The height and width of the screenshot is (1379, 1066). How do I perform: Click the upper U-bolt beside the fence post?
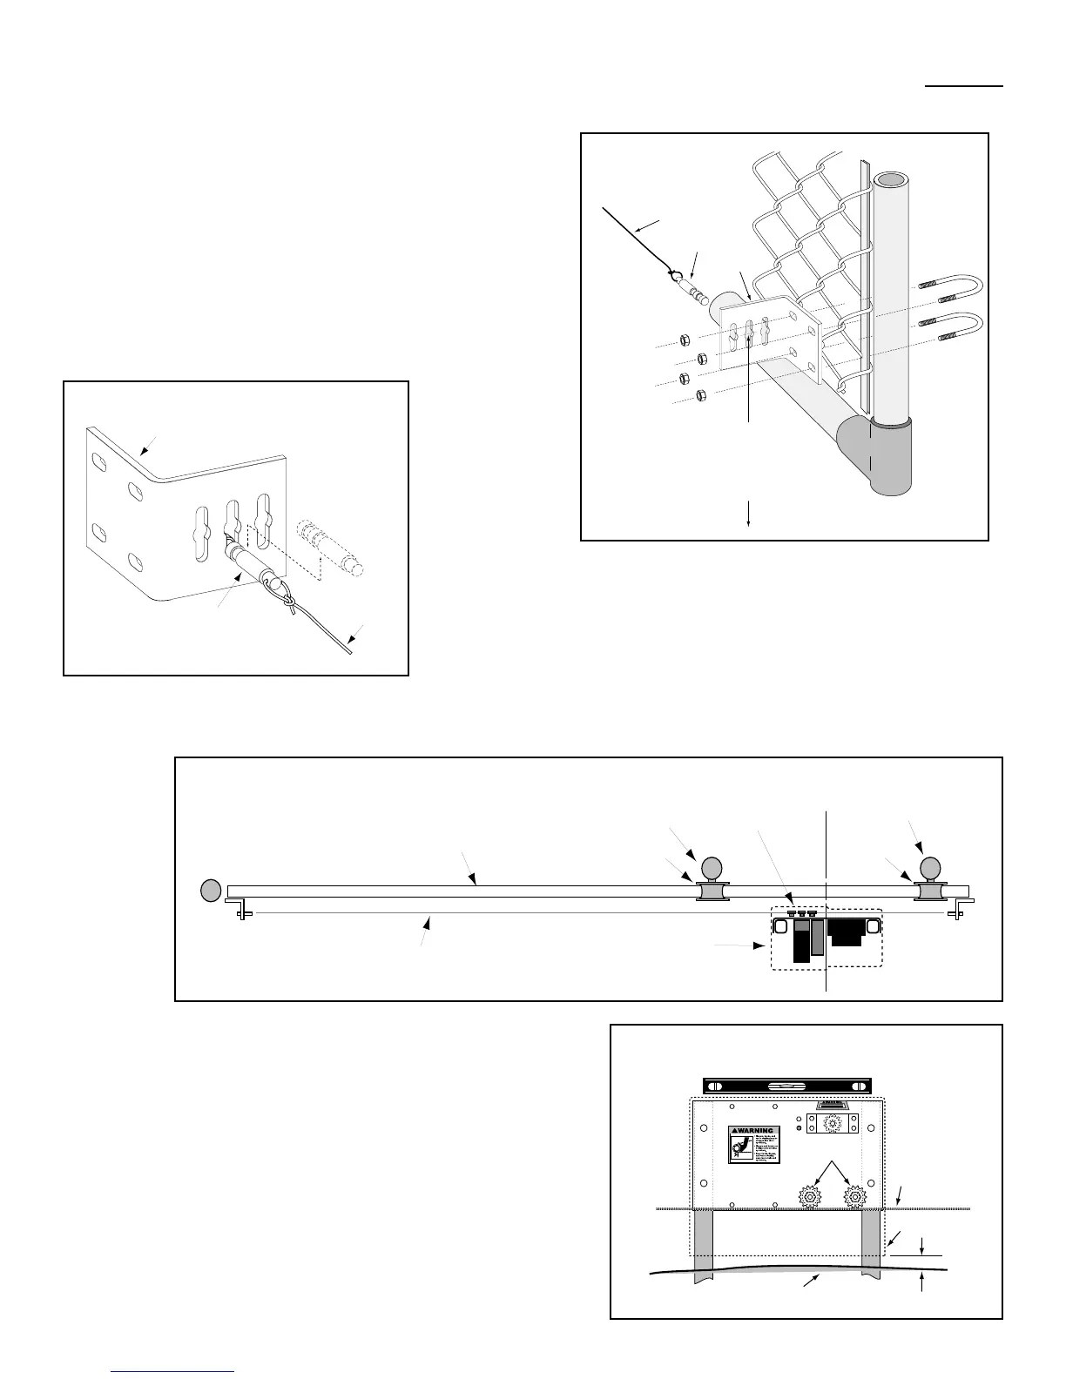click(x=954, y=286)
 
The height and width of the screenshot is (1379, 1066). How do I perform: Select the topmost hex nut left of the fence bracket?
click(x=684, y=338)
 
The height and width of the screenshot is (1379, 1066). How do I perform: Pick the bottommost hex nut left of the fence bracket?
click(x=701, y=397)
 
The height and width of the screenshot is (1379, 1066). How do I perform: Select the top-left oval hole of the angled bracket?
click(x=99, y=459)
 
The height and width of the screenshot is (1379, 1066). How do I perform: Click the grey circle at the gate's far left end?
click(x=210, y=891)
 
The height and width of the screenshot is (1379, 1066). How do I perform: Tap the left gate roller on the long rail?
click(x=712, y=892)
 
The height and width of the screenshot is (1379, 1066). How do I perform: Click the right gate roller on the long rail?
click(x=930, y=892)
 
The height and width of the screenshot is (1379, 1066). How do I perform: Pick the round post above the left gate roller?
click(x=712, y=868)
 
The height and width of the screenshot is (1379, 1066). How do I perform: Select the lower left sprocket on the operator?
click(x=810, y=1198)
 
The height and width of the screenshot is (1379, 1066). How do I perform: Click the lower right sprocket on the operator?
click(x=856, y=1198)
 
